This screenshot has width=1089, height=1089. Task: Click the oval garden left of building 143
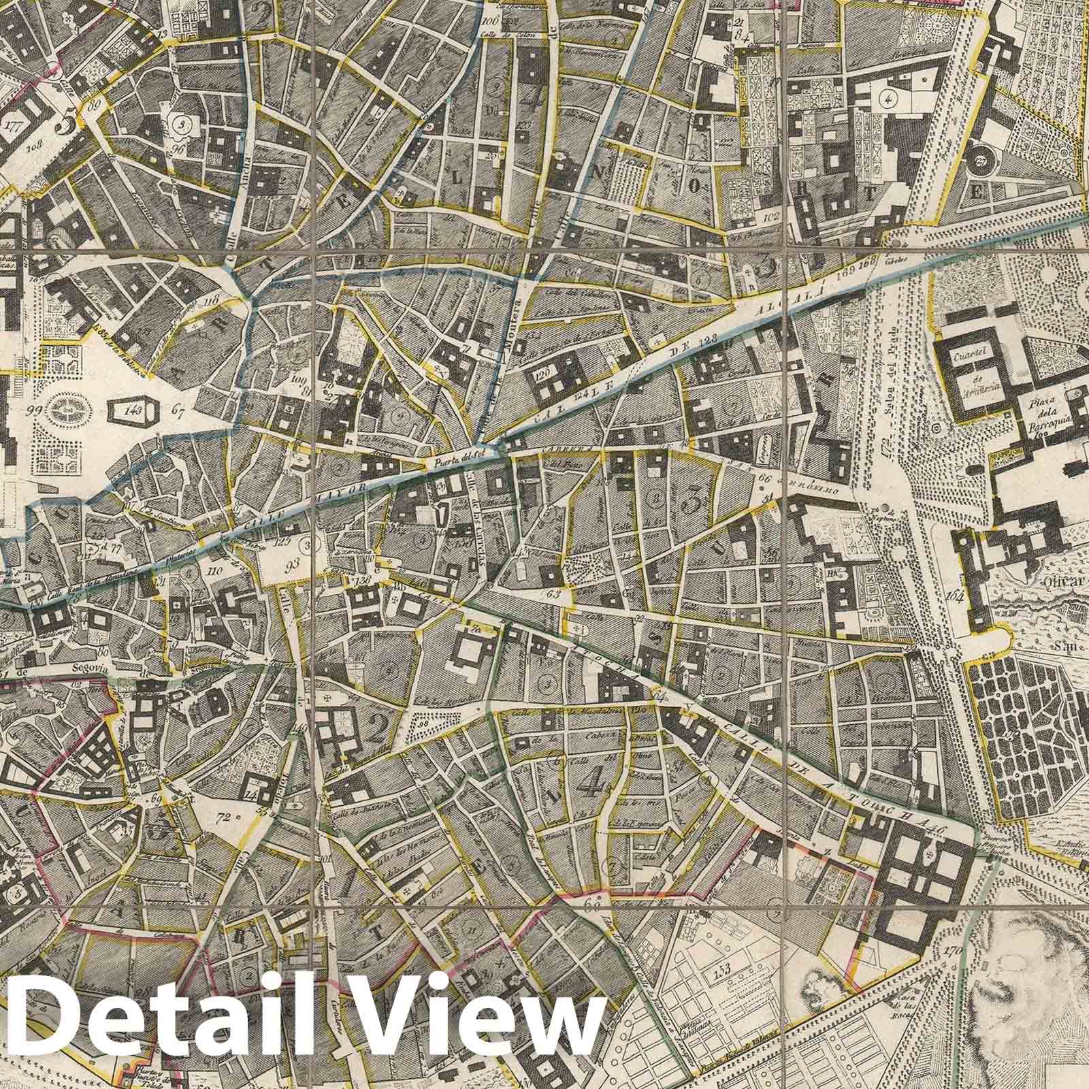pos(68,409)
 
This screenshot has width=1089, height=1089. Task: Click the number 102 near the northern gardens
pos(771,218)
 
